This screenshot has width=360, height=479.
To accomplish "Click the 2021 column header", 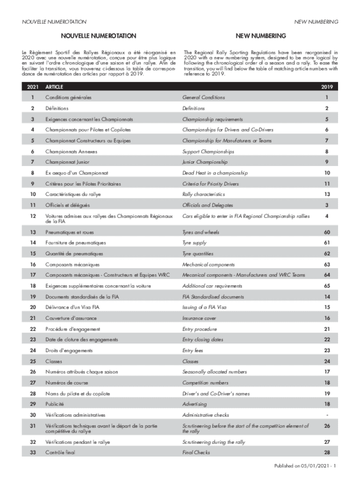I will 33,87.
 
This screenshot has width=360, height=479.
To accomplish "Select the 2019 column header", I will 327,87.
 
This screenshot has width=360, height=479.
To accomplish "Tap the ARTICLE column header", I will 55,87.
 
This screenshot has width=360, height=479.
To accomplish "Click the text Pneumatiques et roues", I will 68,232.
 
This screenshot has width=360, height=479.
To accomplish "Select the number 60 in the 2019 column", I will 327,232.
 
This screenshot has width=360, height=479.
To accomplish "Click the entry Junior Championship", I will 205,162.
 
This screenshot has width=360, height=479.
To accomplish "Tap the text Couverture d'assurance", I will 71,318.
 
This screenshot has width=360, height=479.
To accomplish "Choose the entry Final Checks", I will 196,452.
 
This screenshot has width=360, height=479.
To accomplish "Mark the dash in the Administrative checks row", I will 327,415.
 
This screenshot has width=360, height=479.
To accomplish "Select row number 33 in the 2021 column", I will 33,452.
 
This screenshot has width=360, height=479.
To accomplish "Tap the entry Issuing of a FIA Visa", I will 205,307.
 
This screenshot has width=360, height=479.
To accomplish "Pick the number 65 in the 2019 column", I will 327,285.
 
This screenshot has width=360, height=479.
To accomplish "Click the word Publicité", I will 54,404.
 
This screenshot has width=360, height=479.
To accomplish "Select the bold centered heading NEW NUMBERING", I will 260,36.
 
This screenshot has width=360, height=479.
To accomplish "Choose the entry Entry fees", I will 193,350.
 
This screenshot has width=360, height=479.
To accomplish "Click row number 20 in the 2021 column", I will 33,307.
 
